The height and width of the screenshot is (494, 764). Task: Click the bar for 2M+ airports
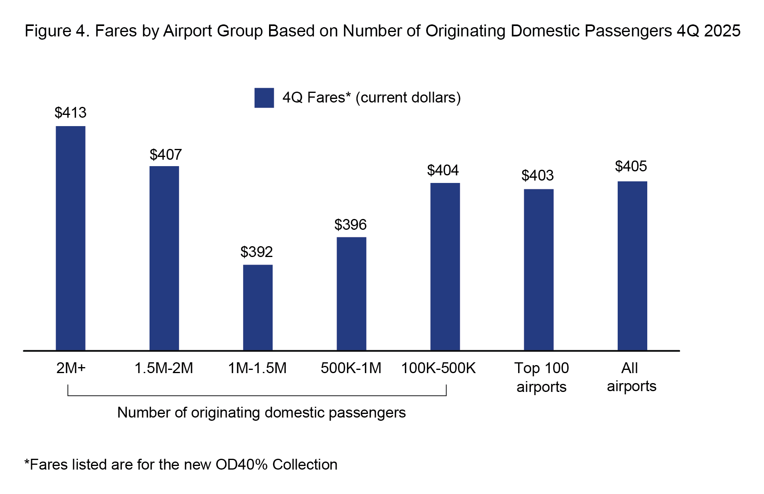tap(70, 238)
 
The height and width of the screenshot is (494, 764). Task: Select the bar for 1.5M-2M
tap(164, 258)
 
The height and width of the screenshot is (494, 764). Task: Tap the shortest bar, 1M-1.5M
tap(257, 307)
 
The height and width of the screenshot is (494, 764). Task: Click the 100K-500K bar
tap(445, 267)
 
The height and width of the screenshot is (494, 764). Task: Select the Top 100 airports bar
tap(539, 269)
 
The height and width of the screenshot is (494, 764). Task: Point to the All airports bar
tap(632, 266)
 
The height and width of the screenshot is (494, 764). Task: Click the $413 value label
tap(70, 113)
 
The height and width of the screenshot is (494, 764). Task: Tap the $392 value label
tap(256, 252)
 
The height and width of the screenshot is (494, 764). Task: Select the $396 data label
tap(350, 225)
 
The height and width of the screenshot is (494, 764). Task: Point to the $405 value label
tap(631, 166)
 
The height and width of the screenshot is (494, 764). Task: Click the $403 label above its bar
tap(537, 175)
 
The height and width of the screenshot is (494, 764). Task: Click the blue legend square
tap(264, 98)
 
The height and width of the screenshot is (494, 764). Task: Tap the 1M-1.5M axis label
tap(257, 368)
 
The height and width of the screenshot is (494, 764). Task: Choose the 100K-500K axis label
tap(438, 368)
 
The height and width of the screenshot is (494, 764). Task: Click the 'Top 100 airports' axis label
tap(541, 377)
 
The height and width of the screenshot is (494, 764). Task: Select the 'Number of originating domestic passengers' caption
tap(261, 412)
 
